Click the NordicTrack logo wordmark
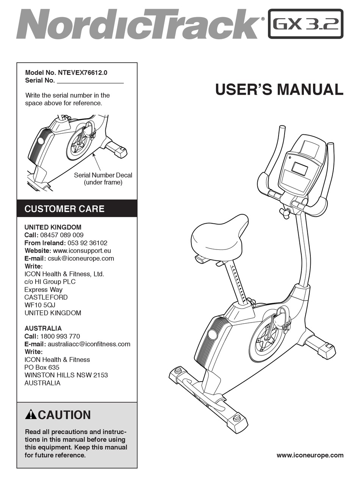136,23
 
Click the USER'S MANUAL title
279,90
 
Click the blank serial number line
90,80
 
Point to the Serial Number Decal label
103,175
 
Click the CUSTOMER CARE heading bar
77,209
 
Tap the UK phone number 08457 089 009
62,235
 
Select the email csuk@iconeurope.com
81,259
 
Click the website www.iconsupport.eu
82,251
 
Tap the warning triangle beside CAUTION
30,415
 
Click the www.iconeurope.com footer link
310,455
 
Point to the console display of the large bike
300,168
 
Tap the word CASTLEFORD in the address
46,298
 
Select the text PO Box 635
42,367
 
